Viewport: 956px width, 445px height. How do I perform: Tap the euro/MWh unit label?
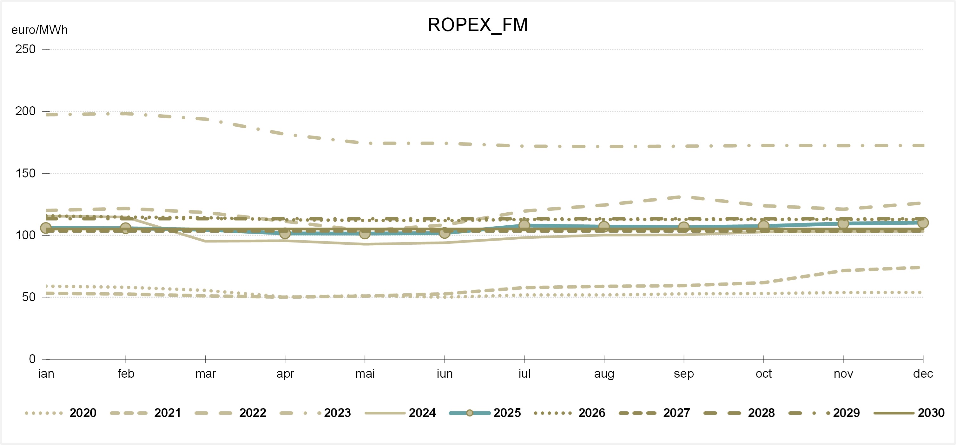coord(40,30)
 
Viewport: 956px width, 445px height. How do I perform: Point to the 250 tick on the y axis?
coord(26,50)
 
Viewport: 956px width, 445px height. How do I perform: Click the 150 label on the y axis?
coord(26,173)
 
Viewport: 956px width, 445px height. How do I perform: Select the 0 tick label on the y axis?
coord(32,359)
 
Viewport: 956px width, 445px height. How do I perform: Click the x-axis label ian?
coord(46,373)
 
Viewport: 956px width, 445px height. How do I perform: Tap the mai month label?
coord(365,373)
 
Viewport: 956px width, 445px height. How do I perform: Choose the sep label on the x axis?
coord(683,373)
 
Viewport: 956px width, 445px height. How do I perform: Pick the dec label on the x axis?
coord(923,373)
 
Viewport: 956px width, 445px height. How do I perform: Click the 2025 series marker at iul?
coord(524,225)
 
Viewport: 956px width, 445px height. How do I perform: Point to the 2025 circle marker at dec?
coord(923,223)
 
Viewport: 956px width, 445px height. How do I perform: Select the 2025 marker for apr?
coord(285,233)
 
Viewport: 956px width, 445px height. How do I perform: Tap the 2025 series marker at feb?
coord(126,228)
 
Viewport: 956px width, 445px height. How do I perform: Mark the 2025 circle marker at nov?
coord(843,223)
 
